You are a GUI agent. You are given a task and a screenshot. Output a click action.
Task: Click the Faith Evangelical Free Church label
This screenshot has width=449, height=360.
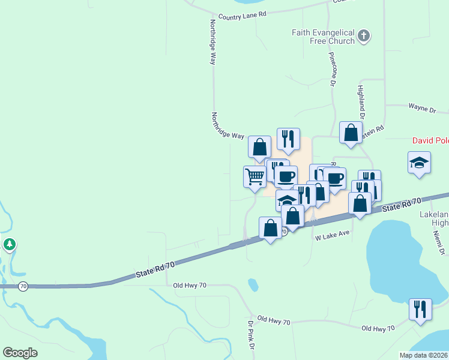[x=324, y=37]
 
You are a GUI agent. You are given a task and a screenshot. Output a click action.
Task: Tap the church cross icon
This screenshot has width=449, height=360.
[x=363, y=37]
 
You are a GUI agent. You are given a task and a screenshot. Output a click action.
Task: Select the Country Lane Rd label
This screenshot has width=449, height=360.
[x=242, y=16]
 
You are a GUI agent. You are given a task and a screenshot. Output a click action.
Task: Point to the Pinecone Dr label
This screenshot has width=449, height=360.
[x=331, y=69]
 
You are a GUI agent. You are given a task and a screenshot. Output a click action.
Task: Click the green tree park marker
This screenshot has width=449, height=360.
[x=9, y=245]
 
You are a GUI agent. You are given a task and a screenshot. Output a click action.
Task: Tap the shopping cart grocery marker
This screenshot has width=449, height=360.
[x=255, y=176]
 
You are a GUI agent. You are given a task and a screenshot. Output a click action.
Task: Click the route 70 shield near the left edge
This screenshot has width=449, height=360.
[x=23, y=286]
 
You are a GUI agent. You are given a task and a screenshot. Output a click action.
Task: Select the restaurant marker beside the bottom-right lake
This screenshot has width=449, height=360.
[x=420, y=308]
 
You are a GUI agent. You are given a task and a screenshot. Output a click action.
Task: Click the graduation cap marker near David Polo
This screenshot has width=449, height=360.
[x=419, y=162]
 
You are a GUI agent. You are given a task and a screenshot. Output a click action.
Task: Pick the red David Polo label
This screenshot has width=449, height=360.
[x=430, y=141]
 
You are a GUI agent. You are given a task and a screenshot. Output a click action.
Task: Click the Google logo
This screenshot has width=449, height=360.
[x=20, y=353]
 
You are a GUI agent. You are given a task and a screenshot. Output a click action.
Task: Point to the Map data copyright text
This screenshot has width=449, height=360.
[x=423, y=355]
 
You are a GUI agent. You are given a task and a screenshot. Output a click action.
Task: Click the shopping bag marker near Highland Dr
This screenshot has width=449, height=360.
[x=351, y=132]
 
